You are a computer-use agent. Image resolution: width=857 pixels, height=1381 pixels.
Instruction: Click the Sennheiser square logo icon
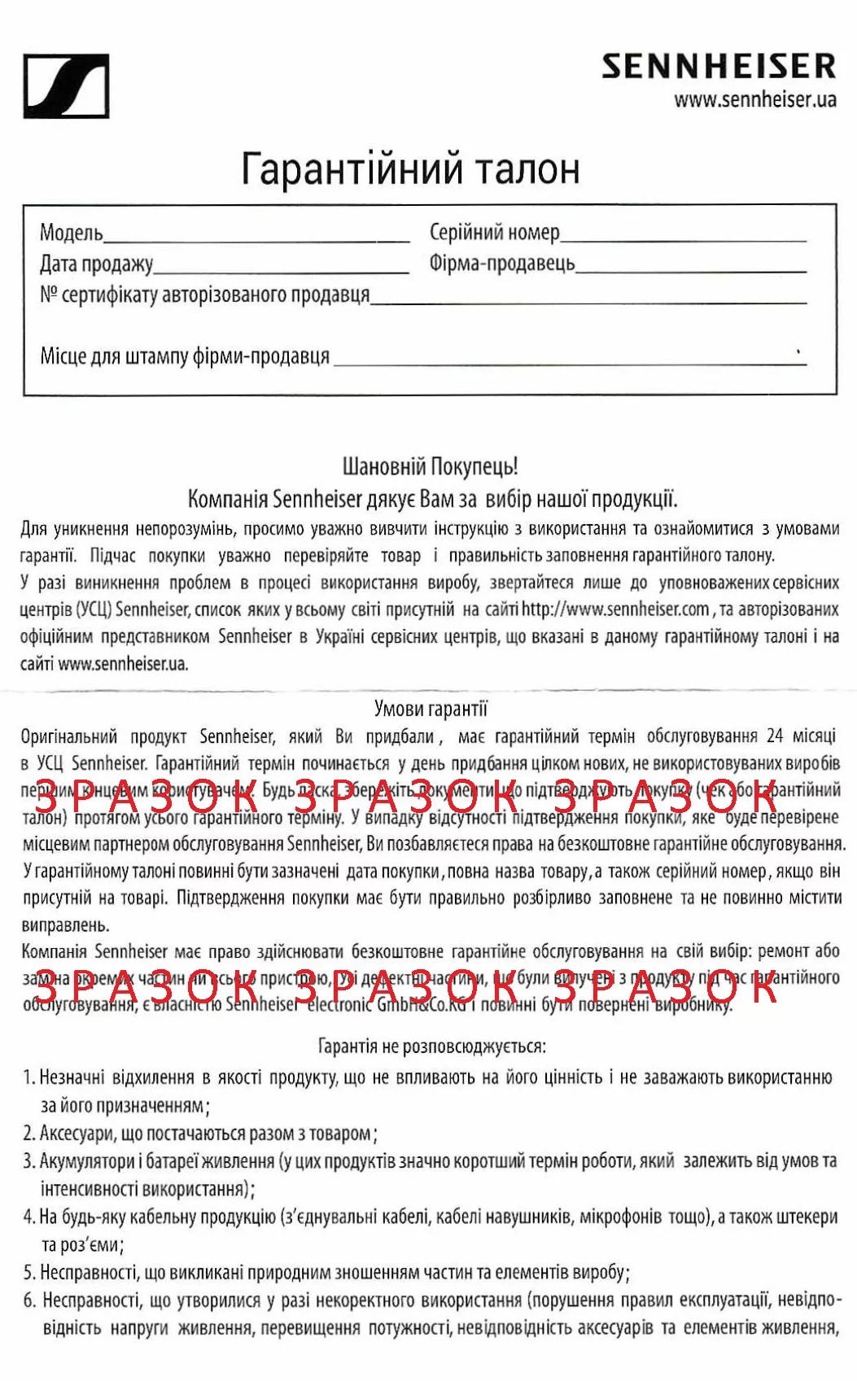click(x=66, y=86)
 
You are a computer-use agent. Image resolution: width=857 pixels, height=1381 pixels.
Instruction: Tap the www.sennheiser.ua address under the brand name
click(x=754, y=100)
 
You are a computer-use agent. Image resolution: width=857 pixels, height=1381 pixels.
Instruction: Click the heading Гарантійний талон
click(x=410, y=168)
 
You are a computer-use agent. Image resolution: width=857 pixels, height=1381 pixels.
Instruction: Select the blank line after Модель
click(x=256, y=238)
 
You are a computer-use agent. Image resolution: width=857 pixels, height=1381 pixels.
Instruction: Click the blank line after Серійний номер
click(x=683, y=238)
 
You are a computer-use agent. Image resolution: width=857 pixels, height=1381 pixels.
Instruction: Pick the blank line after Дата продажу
click(x=281, y=269)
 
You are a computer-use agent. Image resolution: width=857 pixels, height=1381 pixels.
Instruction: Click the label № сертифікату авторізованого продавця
click(x=204, y=295)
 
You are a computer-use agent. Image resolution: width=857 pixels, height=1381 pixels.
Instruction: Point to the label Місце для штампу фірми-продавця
click(x=185, y=356)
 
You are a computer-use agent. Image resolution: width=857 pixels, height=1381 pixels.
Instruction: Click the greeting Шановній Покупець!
click(x=430, y=466)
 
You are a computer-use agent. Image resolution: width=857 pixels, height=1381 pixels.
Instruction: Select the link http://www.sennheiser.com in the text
click(x=615, y=609)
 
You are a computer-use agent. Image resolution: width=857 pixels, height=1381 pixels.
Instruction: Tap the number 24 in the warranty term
click(x=775, y=736)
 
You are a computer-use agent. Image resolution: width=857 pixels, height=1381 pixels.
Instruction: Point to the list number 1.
click(x=28, y=1077)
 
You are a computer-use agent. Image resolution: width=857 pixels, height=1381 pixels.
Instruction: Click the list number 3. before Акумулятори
click(x=29, y=1161)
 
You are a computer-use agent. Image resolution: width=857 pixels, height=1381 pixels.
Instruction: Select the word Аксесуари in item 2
click(x=79, y=1133)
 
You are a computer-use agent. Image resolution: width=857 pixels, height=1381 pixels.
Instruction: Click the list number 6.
click(x=29, y=1300)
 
